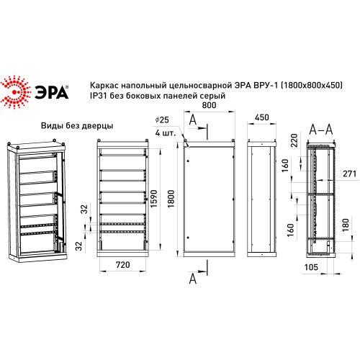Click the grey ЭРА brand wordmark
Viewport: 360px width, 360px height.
(x=52, y=91)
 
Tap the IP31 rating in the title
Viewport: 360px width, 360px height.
(x=96, y=96)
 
